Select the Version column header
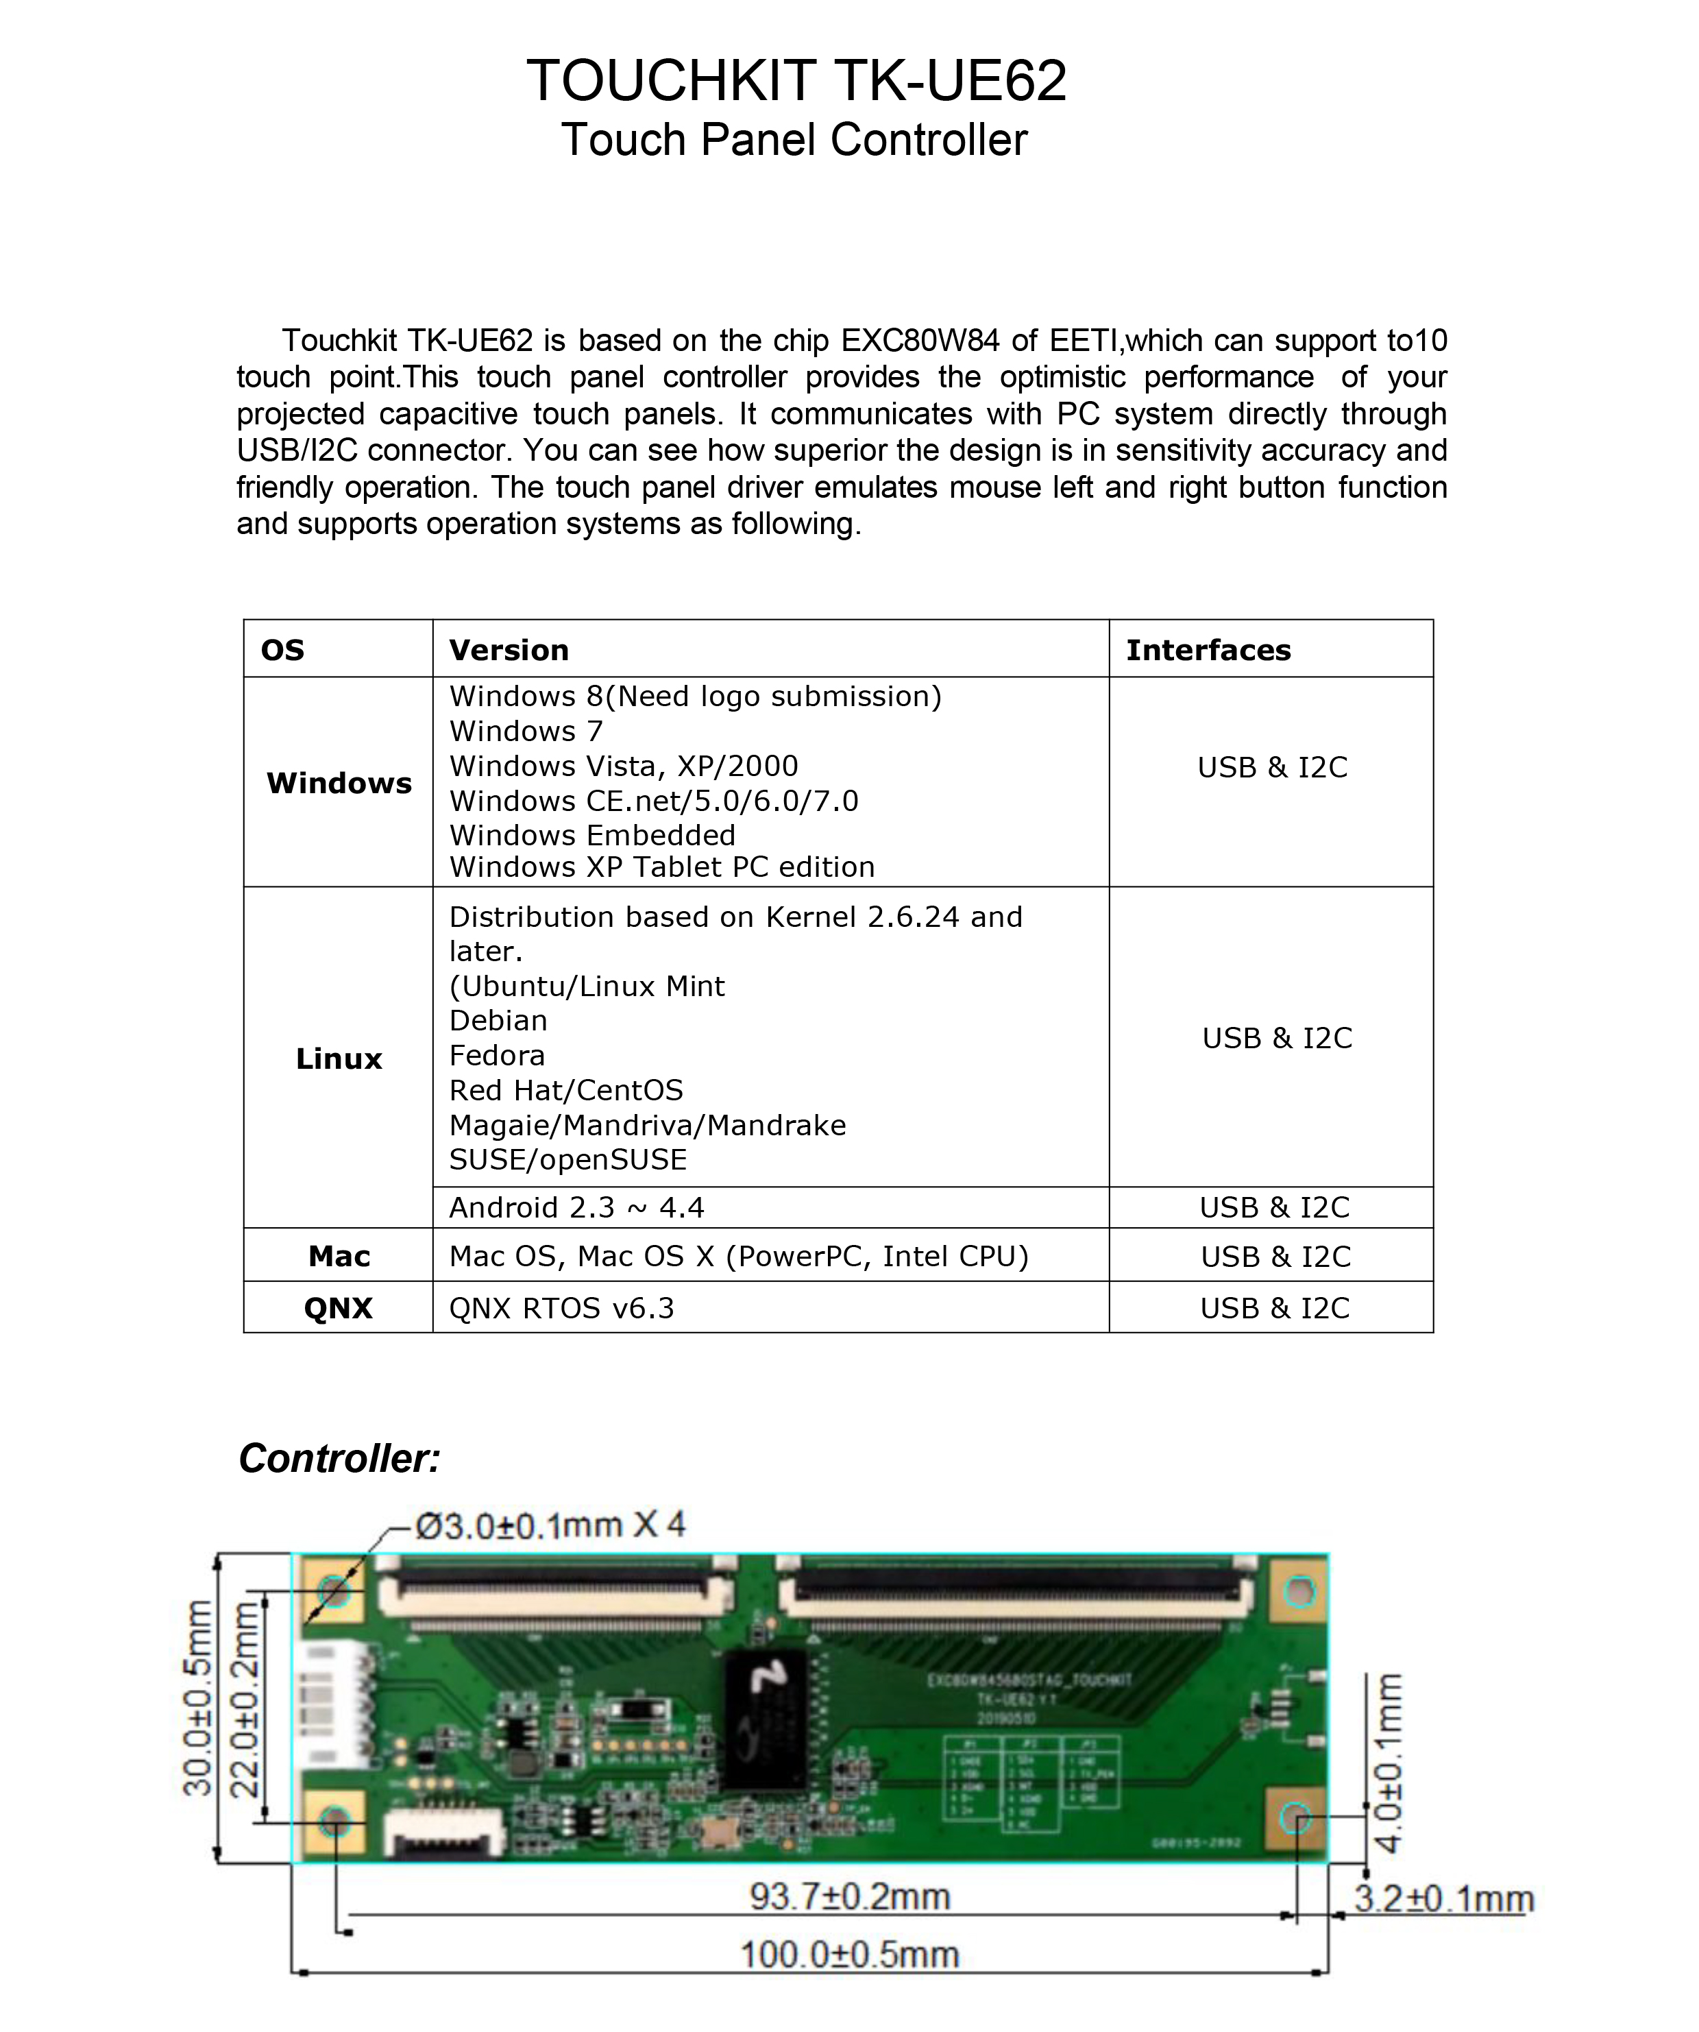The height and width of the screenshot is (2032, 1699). point(509,650)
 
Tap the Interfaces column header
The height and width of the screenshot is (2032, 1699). point(1208,650)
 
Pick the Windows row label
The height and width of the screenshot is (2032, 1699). point(339,783)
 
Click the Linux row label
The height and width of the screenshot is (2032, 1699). point(339,1059)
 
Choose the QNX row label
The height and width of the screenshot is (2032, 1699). point(338,1308)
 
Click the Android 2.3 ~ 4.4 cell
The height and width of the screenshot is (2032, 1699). point(576,1207)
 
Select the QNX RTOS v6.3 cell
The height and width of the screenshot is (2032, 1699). point(561,1308)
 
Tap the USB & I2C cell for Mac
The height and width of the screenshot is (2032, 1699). point(1275,1257)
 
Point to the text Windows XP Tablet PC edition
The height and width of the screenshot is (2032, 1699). point(662,867)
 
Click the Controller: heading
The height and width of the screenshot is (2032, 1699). point(340,1458)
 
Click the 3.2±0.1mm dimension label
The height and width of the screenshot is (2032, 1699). point(1443,1898)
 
